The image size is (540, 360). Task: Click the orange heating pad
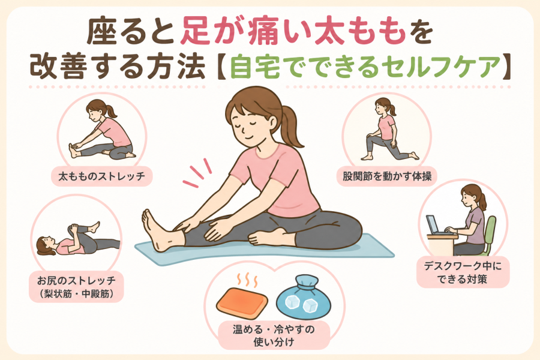click(242, 304)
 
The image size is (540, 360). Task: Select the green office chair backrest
click(490, 230)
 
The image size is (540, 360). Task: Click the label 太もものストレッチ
click(101, 176)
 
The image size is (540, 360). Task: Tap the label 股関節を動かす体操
click(387, 176)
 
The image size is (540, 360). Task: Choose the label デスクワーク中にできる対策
click(463, 272)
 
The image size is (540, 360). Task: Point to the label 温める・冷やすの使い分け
click(274, 335)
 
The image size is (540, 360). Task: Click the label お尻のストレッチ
click(76, 280)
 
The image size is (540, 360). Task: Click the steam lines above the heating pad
click(248, 280)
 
